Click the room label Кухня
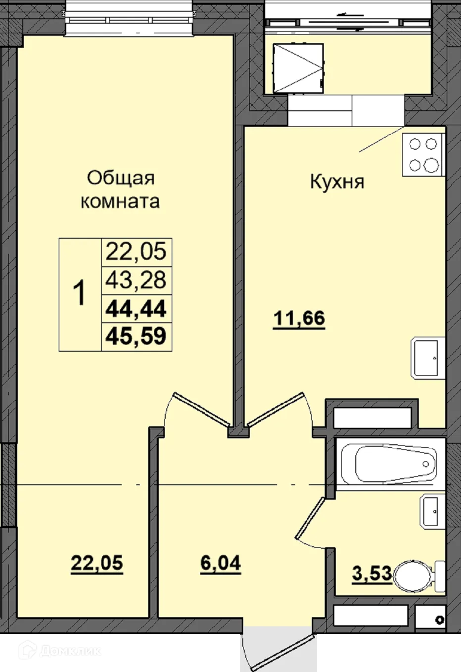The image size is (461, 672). coord(337,181)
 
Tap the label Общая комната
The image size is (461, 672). coord(120,189)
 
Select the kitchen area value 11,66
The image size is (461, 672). coord(299,318)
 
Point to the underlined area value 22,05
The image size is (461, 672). coord(97,563)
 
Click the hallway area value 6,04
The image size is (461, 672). coord(220,563)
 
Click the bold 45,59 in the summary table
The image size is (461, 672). coord(136,336)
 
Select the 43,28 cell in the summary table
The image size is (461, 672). coord(136,280)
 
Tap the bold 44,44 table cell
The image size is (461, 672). coord(136,309)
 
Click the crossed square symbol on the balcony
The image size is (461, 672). coord(299,68)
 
